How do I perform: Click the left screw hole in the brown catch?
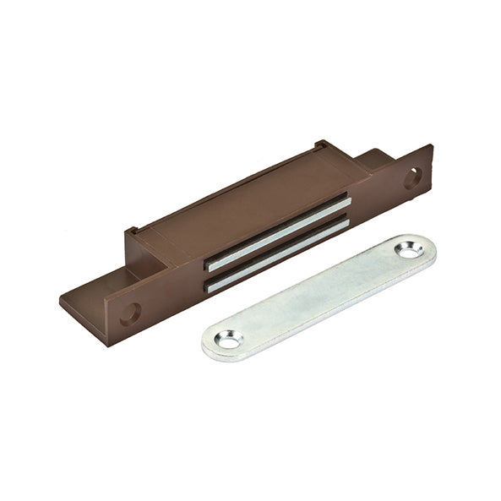point(130,313)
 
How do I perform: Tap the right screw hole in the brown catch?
point(412,177)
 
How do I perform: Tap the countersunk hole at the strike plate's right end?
point(410,252)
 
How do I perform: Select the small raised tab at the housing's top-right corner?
point(320,144)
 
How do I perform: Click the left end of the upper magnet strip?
point(211,263)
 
